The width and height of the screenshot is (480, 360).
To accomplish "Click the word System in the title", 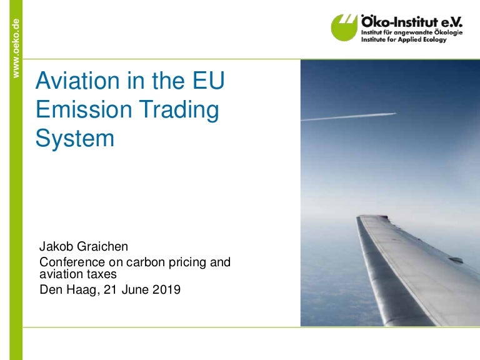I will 75,138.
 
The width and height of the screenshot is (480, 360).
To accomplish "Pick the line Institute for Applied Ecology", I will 403,39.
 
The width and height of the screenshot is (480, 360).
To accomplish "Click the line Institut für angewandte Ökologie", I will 411,31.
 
